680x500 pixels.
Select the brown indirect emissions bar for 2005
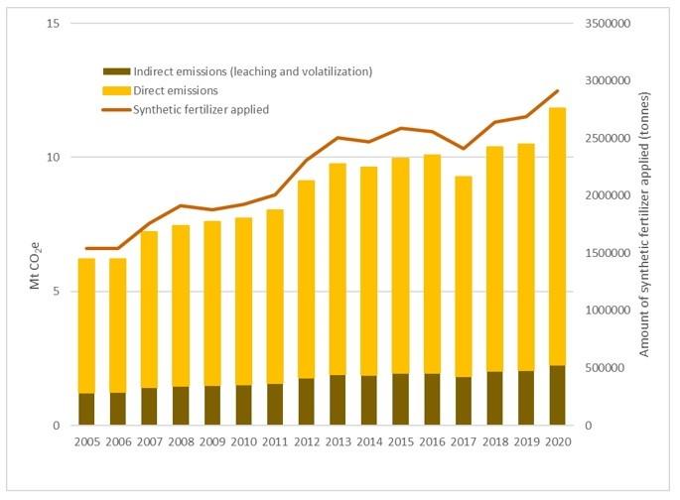(86, 409)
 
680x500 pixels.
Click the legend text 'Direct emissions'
(176, 90)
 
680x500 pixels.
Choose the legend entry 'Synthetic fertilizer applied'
(201, 109)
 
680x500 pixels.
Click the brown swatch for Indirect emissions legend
(115, 71)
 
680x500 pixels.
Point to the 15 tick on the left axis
(55, 23)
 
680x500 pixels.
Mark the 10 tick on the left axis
(55, 157)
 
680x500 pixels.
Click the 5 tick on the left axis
(58, 292)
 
